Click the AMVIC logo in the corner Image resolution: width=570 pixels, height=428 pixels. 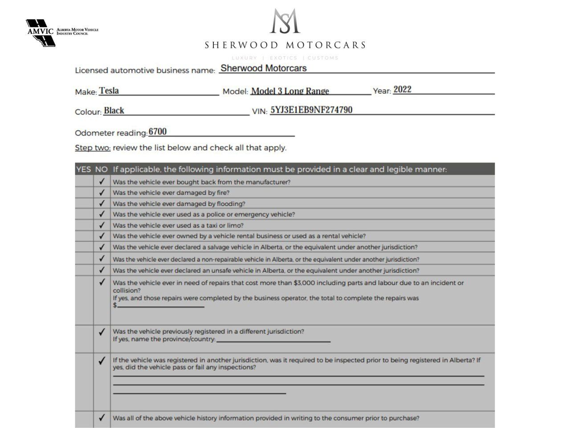41,33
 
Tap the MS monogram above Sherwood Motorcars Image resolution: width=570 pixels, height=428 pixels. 285,21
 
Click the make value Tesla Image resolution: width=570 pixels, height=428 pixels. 109,91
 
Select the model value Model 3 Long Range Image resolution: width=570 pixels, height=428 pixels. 290,91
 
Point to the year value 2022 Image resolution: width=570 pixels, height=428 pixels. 402,89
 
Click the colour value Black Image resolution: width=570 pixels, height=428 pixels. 114,111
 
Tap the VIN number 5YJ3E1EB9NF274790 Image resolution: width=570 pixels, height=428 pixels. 311,110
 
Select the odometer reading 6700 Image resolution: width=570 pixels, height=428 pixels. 158,132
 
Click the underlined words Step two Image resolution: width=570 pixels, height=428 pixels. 93,148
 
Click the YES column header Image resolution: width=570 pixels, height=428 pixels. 84,169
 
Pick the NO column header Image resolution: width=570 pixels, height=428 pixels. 102,169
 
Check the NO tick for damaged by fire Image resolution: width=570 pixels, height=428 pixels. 102,193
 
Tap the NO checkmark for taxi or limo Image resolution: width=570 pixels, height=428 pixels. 102,225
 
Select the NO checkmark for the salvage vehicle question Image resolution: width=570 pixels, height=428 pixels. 102,247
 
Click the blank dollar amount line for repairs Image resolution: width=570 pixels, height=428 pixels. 160,305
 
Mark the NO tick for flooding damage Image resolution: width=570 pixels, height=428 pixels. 102,203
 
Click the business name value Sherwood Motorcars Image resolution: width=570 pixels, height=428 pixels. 264,68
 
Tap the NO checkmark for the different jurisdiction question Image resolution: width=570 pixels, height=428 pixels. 102,332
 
